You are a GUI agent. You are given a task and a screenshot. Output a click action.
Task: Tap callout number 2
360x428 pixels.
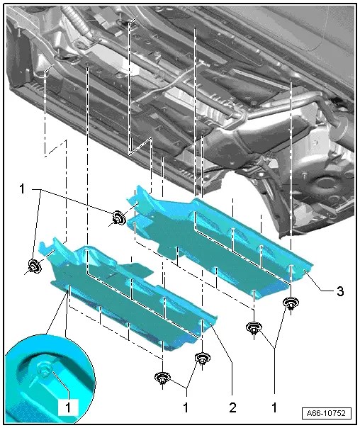tap(232, 409)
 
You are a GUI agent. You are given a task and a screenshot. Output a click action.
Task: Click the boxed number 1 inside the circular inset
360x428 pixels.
tap(69, 408)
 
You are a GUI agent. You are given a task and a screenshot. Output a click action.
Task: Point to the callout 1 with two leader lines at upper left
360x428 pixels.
tap(23, 189)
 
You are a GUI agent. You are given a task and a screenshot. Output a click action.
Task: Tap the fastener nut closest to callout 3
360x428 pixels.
tap(290, 305)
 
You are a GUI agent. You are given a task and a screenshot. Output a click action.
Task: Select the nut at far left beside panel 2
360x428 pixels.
tap(33, 267)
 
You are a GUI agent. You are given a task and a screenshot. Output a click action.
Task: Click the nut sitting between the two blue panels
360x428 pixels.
tap(118, 218)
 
